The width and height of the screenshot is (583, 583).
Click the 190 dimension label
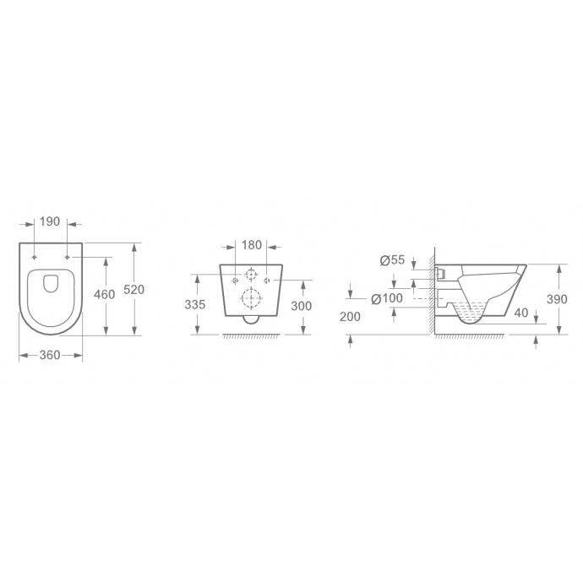(x=50, y=221)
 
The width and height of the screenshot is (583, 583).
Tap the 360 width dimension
(x=50, y=355)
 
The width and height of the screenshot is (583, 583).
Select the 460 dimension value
(x=104, y=295)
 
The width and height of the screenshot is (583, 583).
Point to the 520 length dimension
(x=133, y=289)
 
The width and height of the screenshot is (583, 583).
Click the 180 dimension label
(x=252, y=245)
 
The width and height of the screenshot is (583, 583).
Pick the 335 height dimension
(x=195, y=304)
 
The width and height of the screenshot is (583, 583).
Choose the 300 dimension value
(x=301, y=306)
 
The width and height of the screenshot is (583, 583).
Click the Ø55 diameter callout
(x=392, y=260)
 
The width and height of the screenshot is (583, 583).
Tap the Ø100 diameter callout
(x=387, y=298)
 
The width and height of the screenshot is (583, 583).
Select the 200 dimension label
(x=350, y=317)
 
